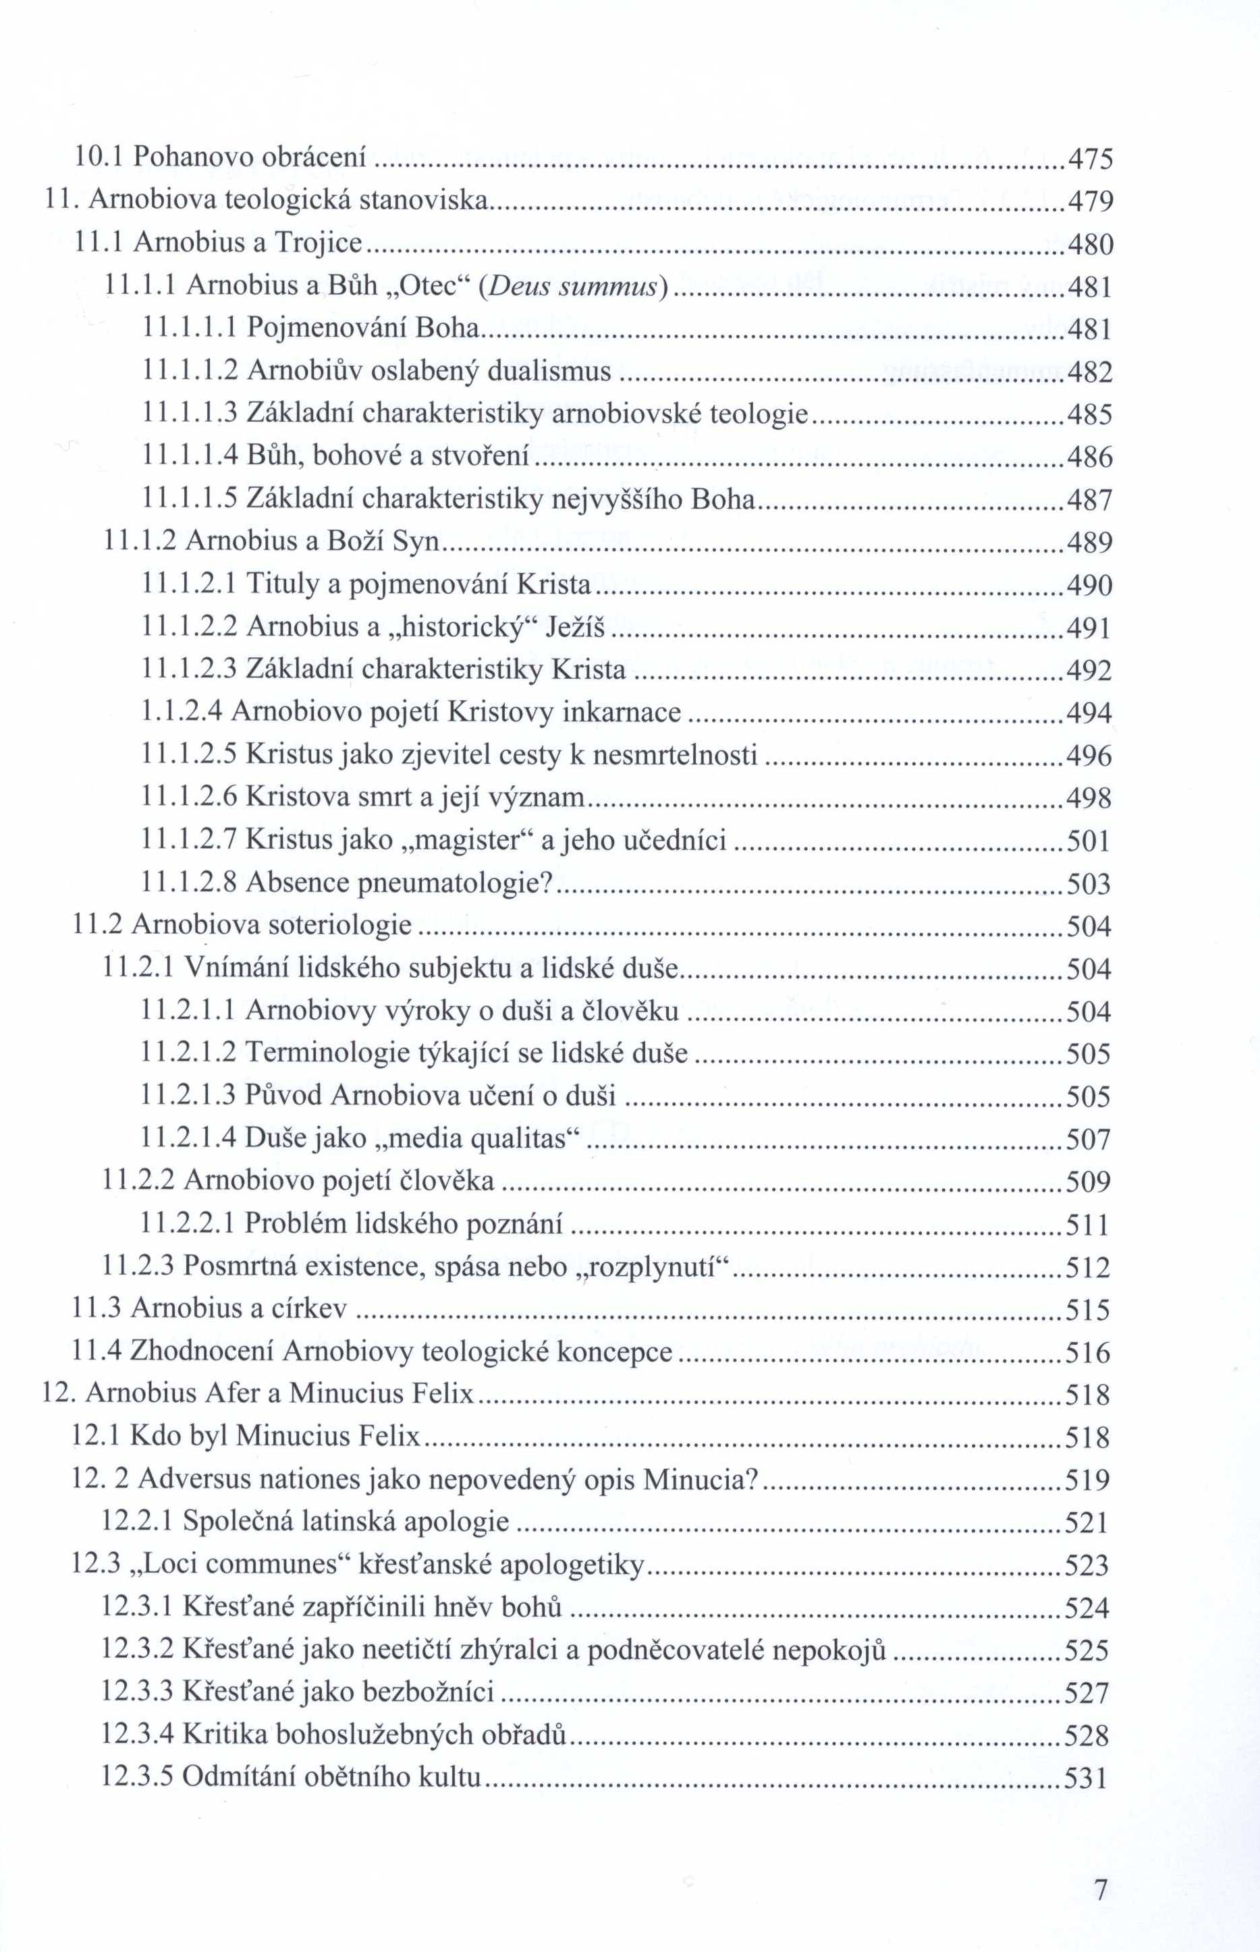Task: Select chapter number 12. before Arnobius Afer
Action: (x=58, y=1394)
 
